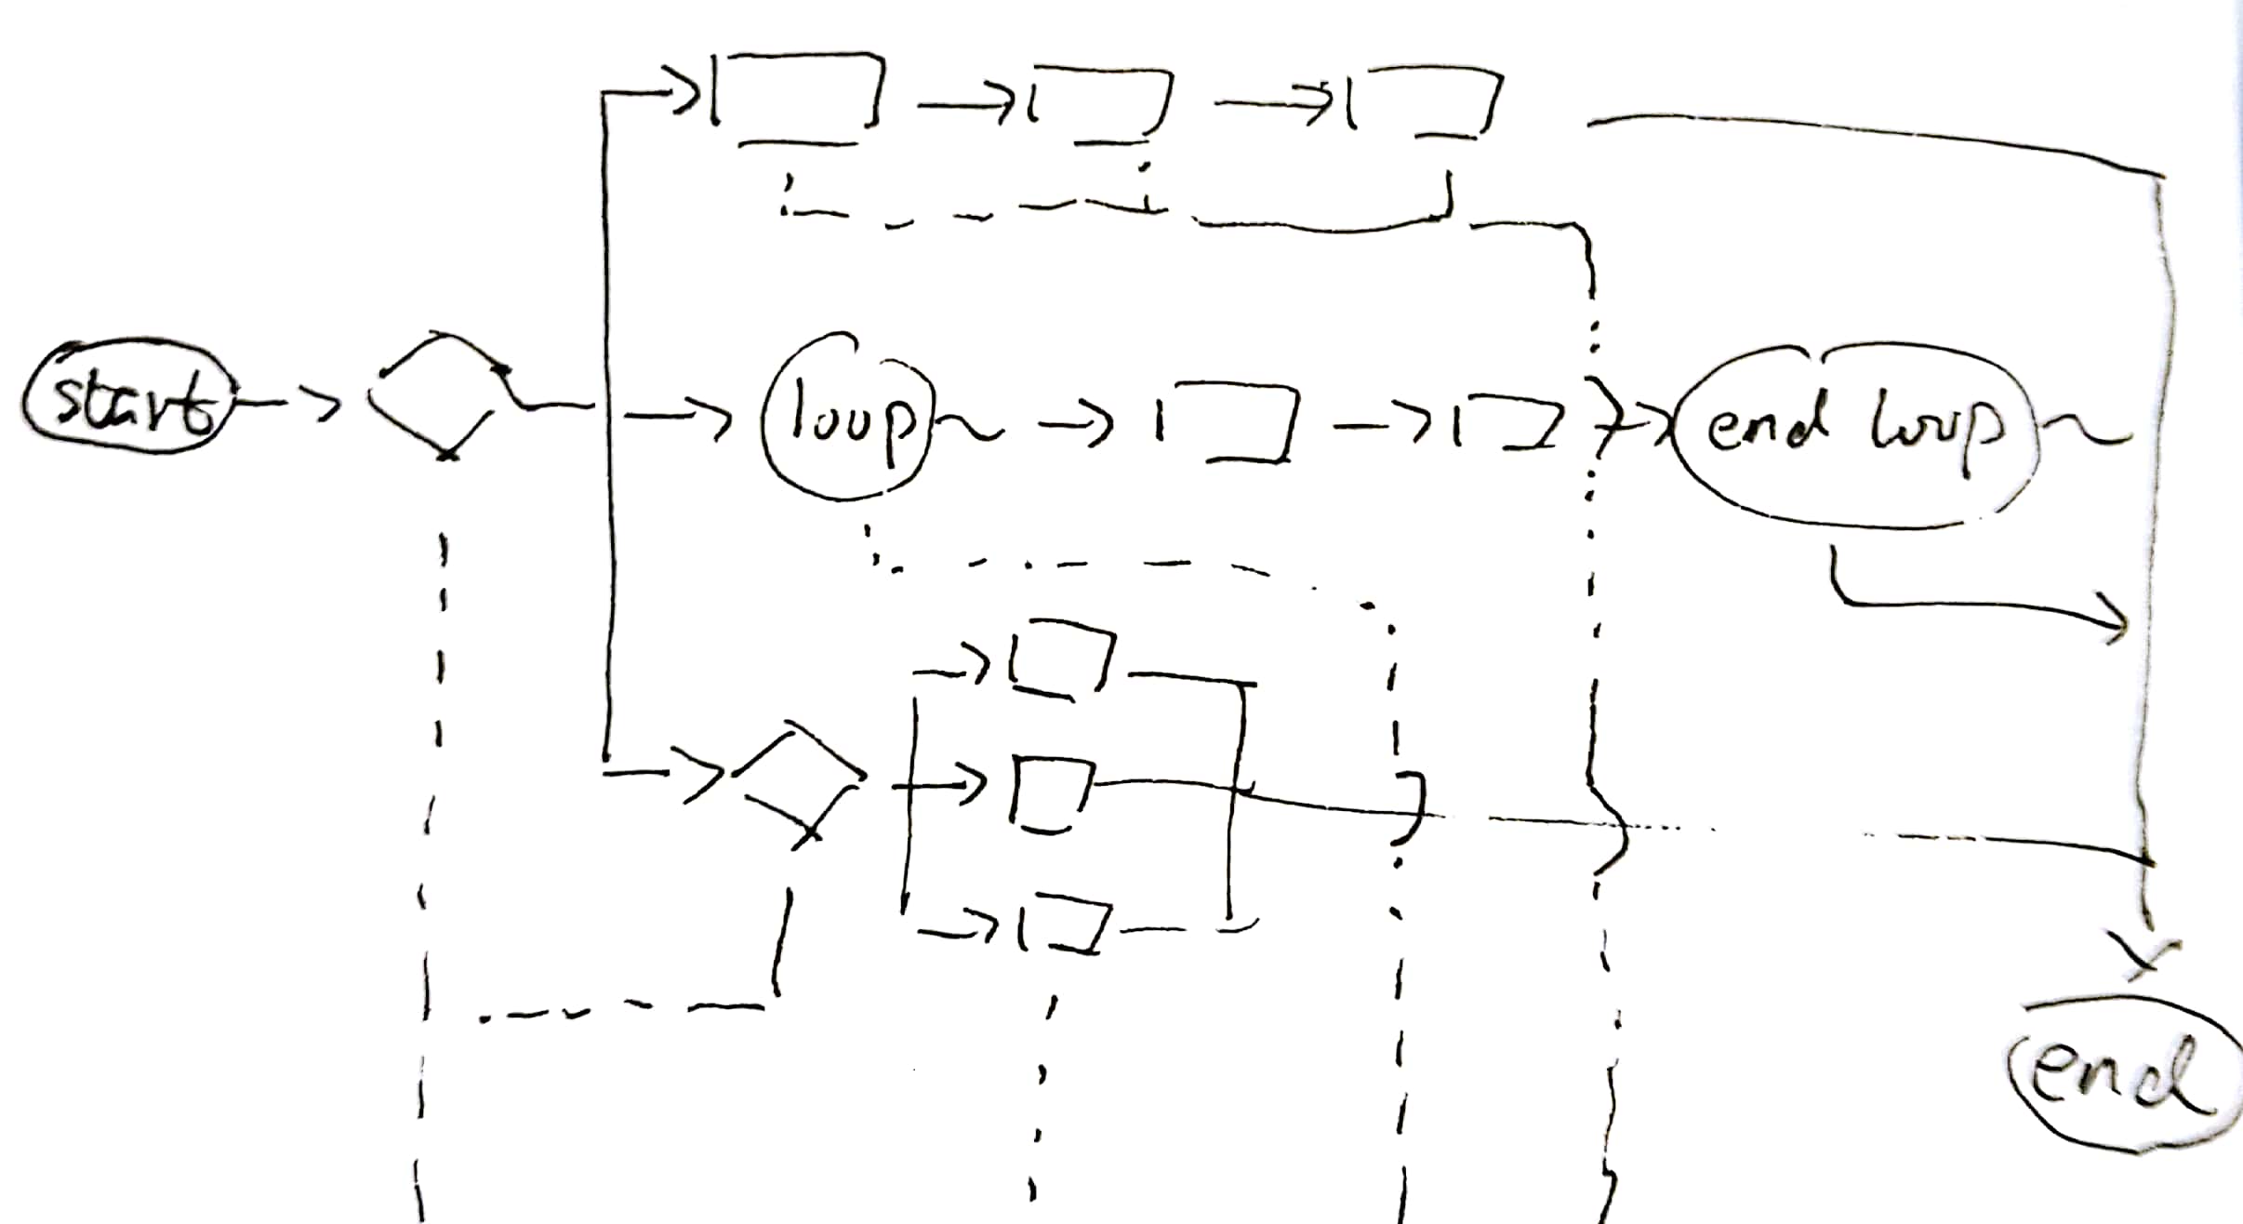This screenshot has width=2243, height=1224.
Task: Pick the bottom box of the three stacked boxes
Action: click(1066, 925)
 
